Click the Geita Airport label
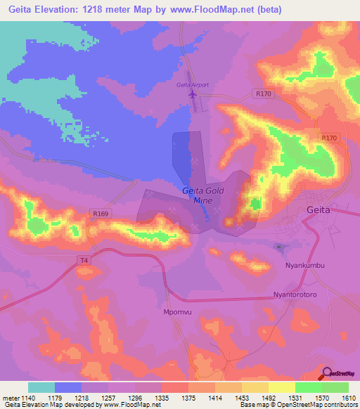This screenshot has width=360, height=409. [192, 85]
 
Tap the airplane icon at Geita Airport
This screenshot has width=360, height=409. [193, 95]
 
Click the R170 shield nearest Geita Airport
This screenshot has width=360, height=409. [264, 93]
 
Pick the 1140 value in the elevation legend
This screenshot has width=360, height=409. [27, 398]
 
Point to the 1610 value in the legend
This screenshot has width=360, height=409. [349, 398]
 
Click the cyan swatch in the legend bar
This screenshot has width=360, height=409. [41, 387]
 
